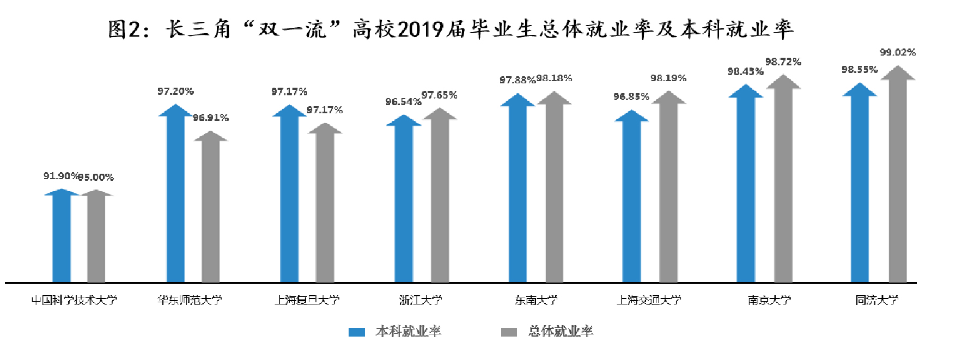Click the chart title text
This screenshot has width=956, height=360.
(450, 29)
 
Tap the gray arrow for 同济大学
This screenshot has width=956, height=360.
(898, 180)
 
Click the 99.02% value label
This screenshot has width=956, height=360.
(898, 52)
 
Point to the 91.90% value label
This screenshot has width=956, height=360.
(60, 176)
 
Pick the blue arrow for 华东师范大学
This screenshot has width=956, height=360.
(175, 196)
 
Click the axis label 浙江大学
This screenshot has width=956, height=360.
(420, 300)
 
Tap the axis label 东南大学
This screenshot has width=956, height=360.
(536, 300)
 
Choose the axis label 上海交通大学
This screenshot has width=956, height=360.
(649, 300)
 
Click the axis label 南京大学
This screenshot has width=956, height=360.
(769, 300)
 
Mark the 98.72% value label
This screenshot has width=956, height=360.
(783, 62)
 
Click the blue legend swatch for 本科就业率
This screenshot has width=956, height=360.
(357, 332)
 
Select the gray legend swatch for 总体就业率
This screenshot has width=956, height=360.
(509, 332)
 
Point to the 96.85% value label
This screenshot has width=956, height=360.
(631, 97)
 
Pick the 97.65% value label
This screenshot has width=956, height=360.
(439, 95)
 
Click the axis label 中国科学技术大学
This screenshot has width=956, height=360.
(74, 300)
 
